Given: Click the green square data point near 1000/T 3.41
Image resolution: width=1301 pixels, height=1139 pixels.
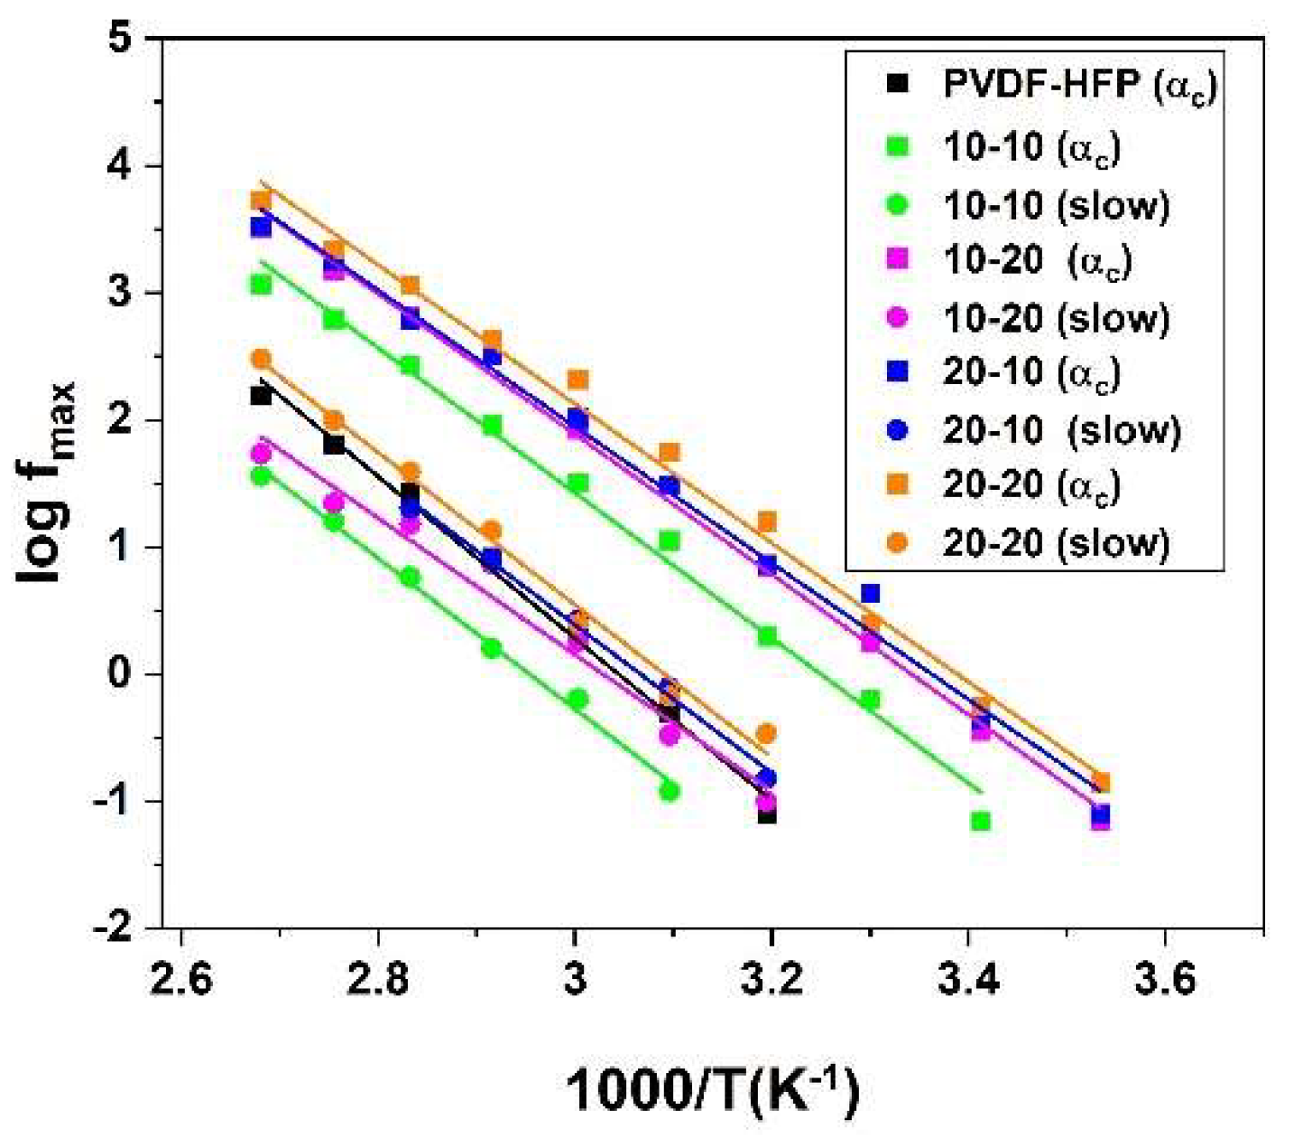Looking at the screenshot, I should [x=980, y=821].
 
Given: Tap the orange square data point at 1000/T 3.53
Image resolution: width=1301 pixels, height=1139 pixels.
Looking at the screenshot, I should [x=1101, y=782].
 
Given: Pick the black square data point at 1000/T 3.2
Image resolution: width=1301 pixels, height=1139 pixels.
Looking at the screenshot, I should [x=766, y=814].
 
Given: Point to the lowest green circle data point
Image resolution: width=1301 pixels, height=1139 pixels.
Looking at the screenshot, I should [x=669, y=791].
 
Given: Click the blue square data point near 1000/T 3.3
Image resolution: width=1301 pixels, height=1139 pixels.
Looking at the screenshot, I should [x=870, y=593].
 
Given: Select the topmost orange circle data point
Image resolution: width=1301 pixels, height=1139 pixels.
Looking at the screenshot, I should [x=261, y=358].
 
